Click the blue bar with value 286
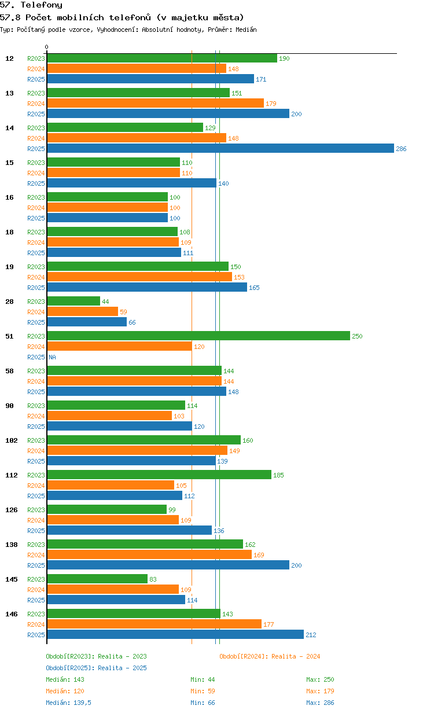(x=220, y=148)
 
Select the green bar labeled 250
(x=198, y=336)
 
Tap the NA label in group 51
(x=52, y=357)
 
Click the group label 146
(x=12, y=614)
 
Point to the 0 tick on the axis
(x=46, y=47)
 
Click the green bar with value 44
(x=73, y=301)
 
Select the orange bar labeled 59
(x=82, y=311)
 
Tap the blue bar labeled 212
(x=175, y=634)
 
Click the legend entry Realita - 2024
(x=270, y=656)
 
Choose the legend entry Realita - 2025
(x=97, y=668)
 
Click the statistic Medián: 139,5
(x=68, y=703)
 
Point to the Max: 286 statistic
(x=320, y=703)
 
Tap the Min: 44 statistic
(x=203, y=679)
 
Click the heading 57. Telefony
(x=31, y=5)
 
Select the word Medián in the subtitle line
(x=246, y=30)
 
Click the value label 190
(x=284, y=58)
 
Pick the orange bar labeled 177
(x=155, y=624)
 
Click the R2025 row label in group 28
(x=36, y=322)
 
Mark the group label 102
(x=12, y=440)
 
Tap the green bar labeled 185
(x=159, y=475)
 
